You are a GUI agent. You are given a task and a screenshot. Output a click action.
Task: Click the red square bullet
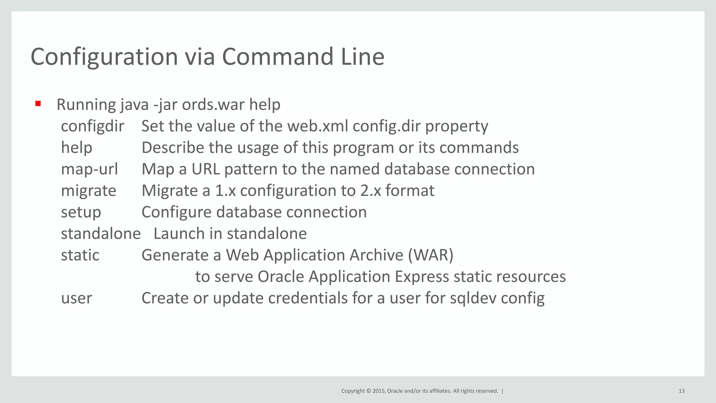(x=38, y=104)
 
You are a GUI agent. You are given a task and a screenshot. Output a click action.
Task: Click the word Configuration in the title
(x=104, y=57)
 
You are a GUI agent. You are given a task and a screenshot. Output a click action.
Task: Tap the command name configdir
(x=92, y=126)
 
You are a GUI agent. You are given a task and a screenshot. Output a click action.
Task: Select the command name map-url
(x=89, y=169)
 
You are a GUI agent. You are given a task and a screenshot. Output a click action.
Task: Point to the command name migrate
(x=88, y=191)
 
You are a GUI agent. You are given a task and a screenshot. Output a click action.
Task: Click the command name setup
(x=81, y=212)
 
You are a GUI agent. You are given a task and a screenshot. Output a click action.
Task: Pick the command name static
(x=80, y=255)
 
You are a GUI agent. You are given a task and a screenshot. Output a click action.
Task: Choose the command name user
(x=77, y=298)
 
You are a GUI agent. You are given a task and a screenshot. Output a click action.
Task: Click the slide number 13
(x=681, y=391)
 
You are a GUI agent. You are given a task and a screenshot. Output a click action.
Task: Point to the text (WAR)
(x=431, y=255)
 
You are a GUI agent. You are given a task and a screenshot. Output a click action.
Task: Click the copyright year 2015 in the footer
(x=379, y=391)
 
